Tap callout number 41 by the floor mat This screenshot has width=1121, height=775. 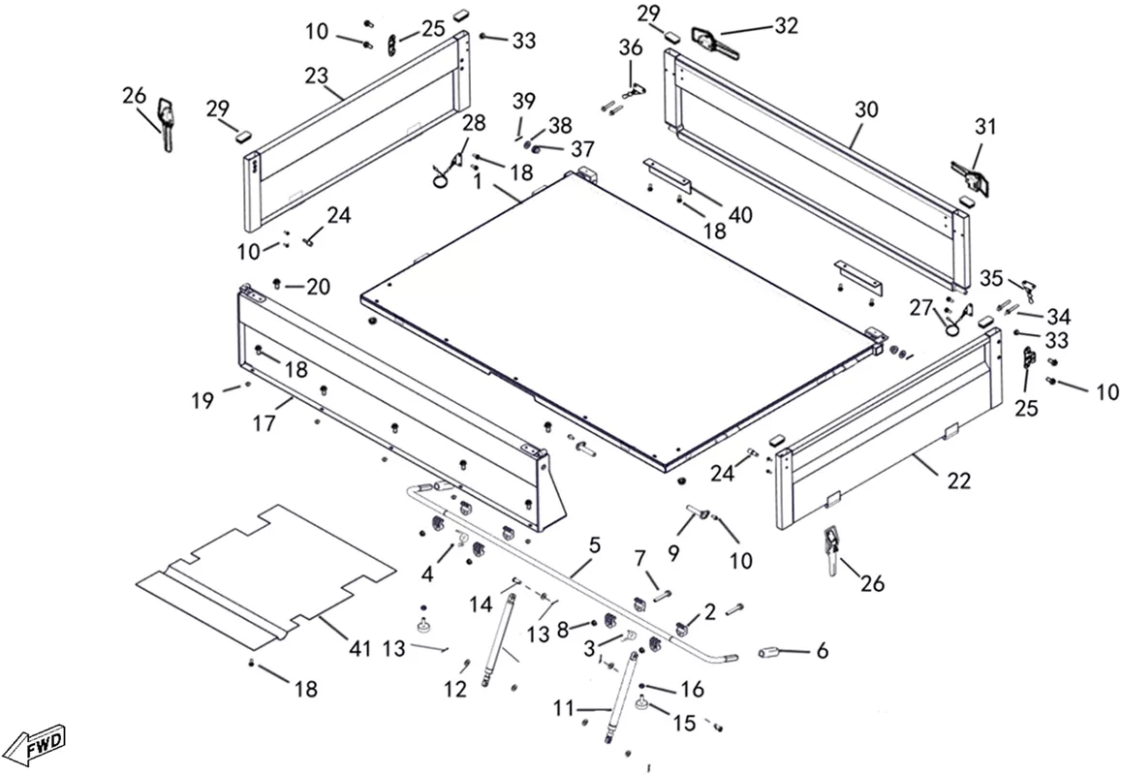tap(360, 648)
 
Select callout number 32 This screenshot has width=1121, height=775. tap(786, 25)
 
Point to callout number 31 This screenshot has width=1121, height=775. tap(985, 127)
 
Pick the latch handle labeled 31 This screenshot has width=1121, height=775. tap(970, 175)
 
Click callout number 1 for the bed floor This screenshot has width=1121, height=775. tap(477, 181)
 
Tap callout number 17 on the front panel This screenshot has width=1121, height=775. tap(264, 423)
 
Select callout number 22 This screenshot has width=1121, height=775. tap(959, 481)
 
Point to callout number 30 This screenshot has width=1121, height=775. tap(866, 109)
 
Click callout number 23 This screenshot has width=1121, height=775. tap(317, 75)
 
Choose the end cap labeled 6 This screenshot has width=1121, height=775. tap(770, 654)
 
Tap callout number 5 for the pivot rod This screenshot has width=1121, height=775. tap(595, 546)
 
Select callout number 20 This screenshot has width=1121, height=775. tap(318, 287)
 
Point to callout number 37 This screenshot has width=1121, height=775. tap(582, 149)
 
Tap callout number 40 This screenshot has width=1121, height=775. tap(740, 214)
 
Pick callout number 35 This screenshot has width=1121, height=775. tap(991, 278)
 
